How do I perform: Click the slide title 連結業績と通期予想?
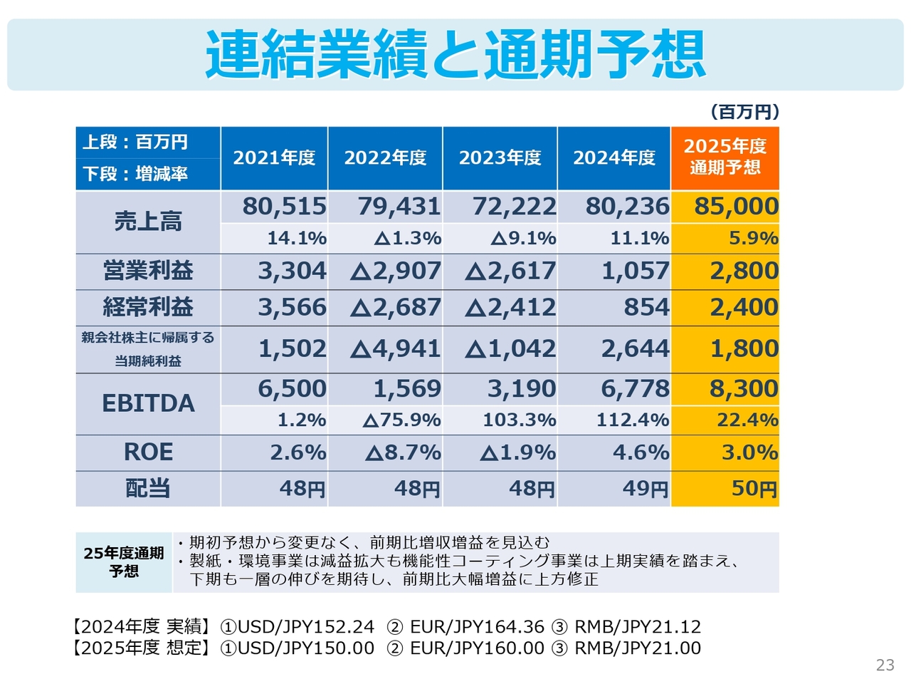(x=455, y=54)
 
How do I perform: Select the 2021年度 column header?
(x=274, y=157)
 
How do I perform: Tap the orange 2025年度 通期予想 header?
(x=725, y=157)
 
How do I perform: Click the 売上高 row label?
(x=148, y=222)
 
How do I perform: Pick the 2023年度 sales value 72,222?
(x=514, y=207)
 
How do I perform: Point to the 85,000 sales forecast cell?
(x=736, y=207)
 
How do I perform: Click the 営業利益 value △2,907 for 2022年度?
(x=396, y=271)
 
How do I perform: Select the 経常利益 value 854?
(x=646, y=307)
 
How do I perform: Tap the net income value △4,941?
(x=396, y=348)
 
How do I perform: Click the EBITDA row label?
(x=148, y=403)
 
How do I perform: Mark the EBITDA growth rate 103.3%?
(x=519, y=420)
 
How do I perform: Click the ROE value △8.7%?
(x=403, y=452)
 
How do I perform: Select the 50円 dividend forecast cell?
(x=754, y=489)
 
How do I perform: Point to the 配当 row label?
(x=148, y=489)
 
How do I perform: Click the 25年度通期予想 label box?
(x=124, y=562)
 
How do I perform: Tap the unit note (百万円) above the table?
(x=744, y=112)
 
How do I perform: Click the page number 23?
(x=885, y=665)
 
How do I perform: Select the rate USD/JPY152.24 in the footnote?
(x=305, y=627)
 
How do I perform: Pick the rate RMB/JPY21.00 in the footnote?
(x=638, y=648)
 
